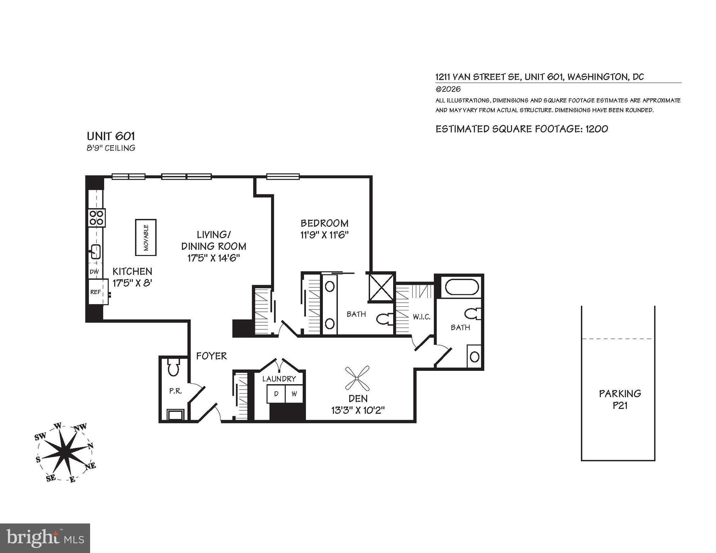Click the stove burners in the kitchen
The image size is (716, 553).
[97, 217]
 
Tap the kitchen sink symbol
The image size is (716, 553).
[95, 251]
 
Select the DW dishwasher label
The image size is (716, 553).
[94, 272]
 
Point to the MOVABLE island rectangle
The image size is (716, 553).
[146, 237]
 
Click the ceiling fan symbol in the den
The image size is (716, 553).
[357, 378]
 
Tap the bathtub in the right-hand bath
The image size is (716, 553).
[462, 287]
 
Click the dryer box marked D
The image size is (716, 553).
[276, 394]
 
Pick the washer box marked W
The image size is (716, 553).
[294, 394]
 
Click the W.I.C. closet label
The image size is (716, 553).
[421, 317]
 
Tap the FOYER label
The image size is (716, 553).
[212, 356]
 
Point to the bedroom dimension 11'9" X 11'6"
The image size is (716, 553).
[324, 235]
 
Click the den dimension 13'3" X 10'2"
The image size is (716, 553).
[358, 410]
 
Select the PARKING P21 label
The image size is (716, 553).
[620, 399]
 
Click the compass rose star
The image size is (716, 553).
[65, 452]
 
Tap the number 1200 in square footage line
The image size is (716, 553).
[597, 129]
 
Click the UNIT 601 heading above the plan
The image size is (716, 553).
[111, 136]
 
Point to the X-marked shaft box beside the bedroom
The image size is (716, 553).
[381, 287]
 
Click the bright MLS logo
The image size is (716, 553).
[45, 538]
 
